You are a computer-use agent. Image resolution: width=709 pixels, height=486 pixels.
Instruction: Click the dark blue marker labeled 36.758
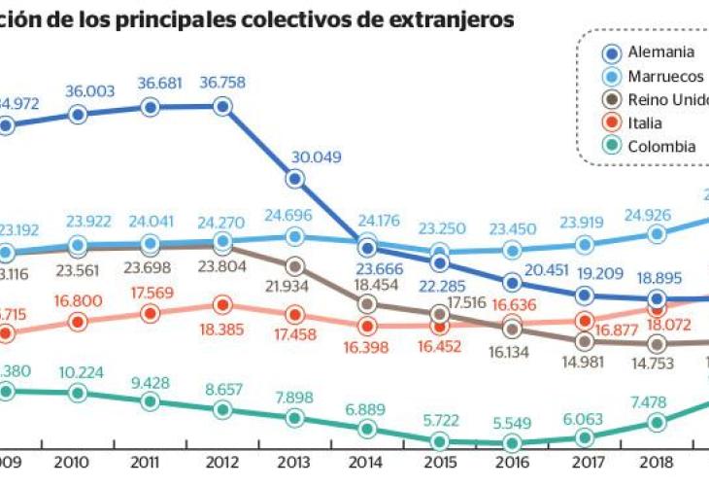(x=222, y=107)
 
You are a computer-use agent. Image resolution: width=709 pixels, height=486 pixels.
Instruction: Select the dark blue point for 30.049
(x=295, y=178)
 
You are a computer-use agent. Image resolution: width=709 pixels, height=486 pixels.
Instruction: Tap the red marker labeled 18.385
(x=222, y=305)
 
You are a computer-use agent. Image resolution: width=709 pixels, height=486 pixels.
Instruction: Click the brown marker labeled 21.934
(x=295, y=265)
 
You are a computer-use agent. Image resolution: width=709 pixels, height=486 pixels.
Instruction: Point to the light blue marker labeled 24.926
(x=657, y=233)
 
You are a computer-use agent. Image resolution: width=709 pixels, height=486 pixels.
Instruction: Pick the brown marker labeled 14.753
(x=657, y=343)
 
